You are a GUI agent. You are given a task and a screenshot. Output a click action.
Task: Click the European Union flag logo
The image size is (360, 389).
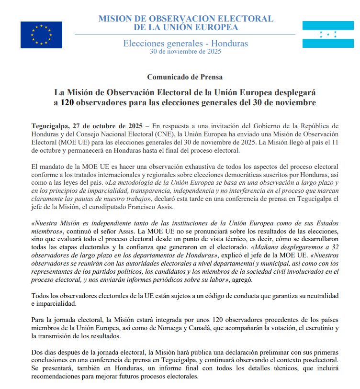click(x=41, y=35)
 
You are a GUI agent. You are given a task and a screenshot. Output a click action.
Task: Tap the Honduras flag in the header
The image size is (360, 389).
click(x=328, y=34)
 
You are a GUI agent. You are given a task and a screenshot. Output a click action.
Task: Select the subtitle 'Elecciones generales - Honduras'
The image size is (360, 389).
click(x=185, y=44)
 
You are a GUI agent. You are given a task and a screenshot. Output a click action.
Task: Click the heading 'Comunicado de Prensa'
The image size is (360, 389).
click(x=185, y=77)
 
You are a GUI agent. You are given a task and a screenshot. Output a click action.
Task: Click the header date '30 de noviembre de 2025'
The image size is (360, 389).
click(x=185, y=52)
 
